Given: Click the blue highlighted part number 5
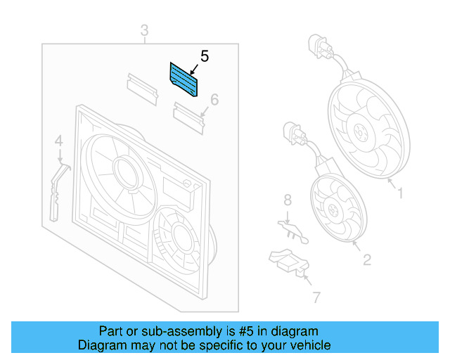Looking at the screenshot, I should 184,79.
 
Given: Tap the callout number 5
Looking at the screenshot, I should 205,56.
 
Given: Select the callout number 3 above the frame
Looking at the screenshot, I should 144,31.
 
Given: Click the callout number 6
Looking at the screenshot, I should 214,100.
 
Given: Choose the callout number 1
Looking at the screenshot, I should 400,191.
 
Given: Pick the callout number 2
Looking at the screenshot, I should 366,260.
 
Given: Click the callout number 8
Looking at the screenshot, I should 287,202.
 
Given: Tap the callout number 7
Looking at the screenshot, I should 316,297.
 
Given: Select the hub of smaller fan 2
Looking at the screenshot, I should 335,210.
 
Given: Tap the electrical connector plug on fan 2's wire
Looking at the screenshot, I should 292,134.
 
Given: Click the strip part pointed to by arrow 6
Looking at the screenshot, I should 188,115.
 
